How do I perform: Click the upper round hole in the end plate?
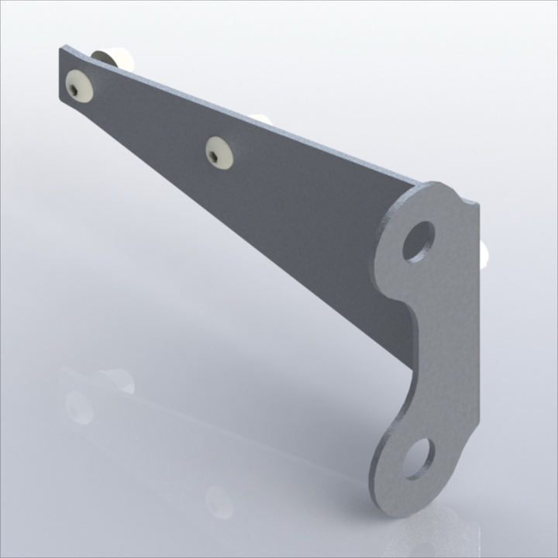[x=418, y=241]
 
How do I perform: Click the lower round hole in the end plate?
[x=419, y=457]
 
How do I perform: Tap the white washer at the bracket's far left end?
[x=80, y=87]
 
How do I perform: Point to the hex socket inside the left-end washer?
[x=72, y=90]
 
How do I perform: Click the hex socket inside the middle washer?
[x=212, y=156]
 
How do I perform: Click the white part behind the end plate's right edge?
[x=484, y=253]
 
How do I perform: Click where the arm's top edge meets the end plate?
[x=419, y=184]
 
